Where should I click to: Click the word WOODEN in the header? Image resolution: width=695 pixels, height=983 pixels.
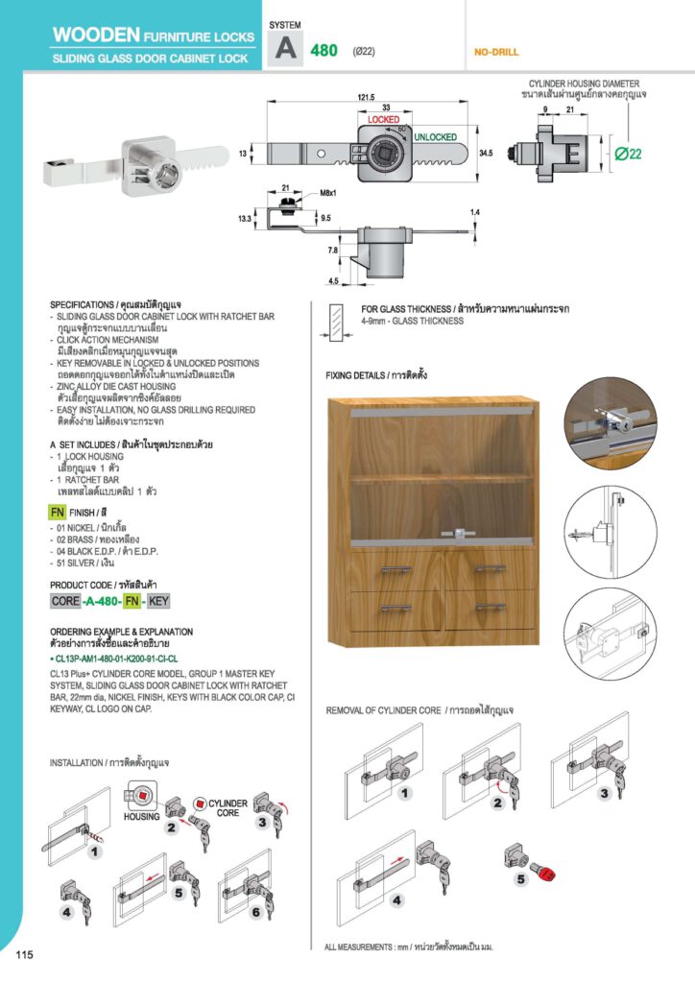[x=96, y=36]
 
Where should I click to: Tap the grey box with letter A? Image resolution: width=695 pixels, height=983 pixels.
[x=285, y=49]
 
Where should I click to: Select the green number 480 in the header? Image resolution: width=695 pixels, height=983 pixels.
[x=324, y=50]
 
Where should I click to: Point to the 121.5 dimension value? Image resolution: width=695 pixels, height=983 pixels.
[x=366, y=97]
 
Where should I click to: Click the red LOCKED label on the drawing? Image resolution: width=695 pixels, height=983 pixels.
[x=383, y=120]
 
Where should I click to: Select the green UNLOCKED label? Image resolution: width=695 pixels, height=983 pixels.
[x=435, y=137]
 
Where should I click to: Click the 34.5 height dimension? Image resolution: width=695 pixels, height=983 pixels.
[x=486, y=153]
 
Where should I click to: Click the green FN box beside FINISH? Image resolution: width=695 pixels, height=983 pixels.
[x=57, y=513]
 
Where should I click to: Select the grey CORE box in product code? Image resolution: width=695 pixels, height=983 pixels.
[x=65, y=602]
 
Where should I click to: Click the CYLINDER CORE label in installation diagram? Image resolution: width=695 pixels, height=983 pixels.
[x=228, y=808]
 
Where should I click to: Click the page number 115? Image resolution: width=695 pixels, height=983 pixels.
[x=25, y=954]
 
